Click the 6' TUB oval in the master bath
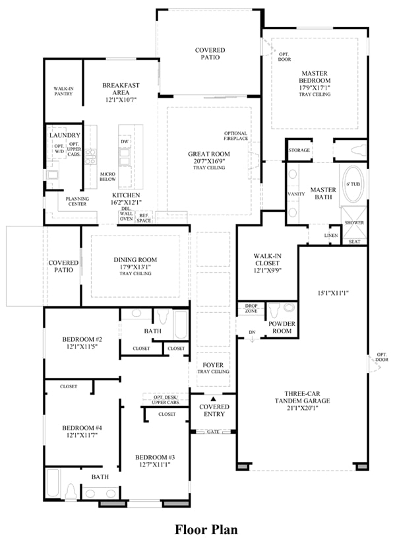(353, 185)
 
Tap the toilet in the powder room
(275, 310)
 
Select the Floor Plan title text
(206, 529)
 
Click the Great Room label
(208, 154)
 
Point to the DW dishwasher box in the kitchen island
(125, 141)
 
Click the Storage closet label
(299, 151)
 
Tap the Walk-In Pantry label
(63, 91)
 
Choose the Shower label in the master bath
(354, 222)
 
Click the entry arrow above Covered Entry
(213, 399)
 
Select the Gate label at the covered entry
(213, 432)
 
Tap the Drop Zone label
(251, 308)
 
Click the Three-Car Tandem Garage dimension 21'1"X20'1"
(302, 408)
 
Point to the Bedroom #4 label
(82, 428)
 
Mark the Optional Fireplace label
(235, 136)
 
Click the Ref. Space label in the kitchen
(144, 218)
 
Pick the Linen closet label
(331, 236)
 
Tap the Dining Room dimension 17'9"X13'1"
(135, 267)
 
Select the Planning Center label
(77, 201)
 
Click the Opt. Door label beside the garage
(382, 357)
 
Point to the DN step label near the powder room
(252, 332)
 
